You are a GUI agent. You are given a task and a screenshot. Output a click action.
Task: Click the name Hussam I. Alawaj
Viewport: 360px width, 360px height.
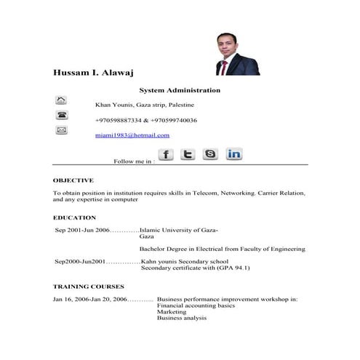point(93,73)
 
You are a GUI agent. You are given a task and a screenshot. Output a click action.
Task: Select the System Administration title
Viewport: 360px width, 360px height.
point(190,90)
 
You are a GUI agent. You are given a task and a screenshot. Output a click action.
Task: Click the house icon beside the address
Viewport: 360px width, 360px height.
point(61,100)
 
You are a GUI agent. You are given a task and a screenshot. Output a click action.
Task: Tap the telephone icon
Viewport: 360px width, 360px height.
point(61,115)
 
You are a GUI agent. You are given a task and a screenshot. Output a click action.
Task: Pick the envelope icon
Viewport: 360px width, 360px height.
point(61,130)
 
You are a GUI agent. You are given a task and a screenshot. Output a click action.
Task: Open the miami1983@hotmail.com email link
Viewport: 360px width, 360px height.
point(132,135)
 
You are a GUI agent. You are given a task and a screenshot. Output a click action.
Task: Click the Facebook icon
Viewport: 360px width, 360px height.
point(166,154)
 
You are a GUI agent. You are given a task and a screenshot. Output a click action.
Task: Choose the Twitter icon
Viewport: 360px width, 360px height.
point(188,154)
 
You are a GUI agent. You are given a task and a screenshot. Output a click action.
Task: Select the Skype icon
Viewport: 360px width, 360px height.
point(210,154)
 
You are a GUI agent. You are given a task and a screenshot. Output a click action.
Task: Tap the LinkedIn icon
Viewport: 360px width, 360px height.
point(234,154)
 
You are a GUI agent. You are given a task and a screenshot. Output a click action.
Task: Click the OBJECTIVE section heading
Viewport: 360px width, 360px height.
point(73,180)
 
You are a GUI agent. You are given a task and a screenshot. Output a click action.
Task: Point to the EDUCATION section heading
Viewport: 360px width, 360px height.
point(74,217)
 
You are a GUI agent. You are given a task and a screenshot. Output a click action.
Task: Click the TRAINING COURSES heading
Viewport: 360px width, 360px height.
point(88,287)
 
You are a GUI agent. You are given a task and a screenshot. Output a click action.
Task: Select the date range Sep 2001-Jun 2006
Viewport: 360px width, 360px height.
point(82,230)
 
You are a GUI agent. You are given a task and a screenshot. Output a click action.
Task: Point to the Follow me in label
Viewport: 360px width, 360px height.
point(134,161)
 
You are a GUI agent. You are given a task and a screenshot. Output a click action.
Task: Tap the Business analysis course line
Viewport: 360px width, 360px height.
point(181,318)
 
